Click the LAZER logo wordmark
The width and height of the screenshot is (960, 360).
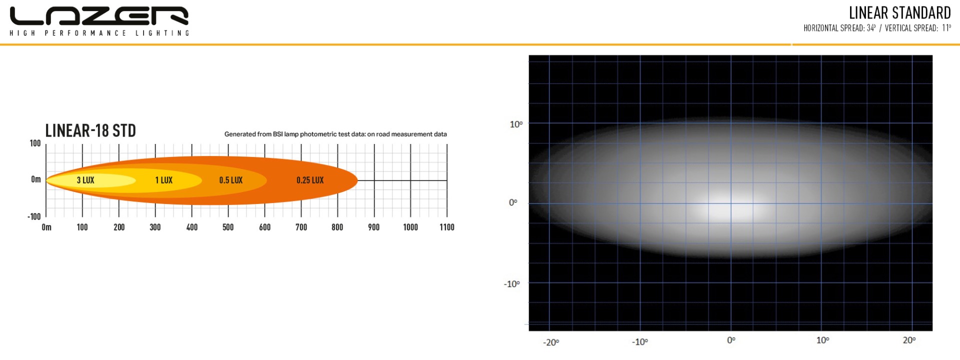[99, 16]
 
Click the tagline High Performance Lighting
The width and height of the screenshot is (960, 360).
[99, 33]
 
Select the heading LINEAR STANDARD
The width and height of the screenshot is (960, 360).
[899, 12]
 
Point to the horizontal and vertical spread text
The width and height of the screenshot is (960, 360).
[877, 28]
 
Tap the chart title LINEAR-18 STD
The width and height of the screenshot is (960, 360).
[90, 130]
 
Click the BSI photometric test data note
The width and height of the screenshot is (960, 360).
[335, 134]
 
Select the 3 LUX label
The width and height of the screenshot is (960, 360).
[85, 180]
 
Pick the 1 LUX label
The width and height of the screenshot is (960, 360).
[163, 180]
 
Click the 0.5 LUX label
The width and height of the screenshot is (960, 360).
[230, 180]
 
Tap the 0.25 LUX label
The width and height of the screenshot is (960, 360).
[310, 180]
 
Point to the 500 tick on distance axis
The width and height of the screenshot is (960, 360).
[228, 227]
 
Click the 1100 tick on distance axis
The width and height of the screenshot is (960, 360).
[447, 227]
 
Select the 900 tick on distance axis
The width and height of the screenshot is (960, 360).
[373, 227]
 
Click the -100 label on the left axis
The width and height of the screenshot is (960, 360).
[34, 216]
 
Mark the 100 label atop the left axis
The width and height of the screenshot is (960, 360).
[35, 143]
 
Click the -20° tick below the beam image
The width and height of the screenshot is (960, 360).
[551, 342]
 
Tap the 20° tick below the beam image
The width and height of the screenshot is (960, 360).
[909, 340]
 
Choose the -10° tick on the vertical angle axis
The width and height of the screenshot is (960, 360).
[511, 284]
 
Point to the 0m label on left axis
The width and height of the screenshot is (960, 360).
[36, 179]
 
